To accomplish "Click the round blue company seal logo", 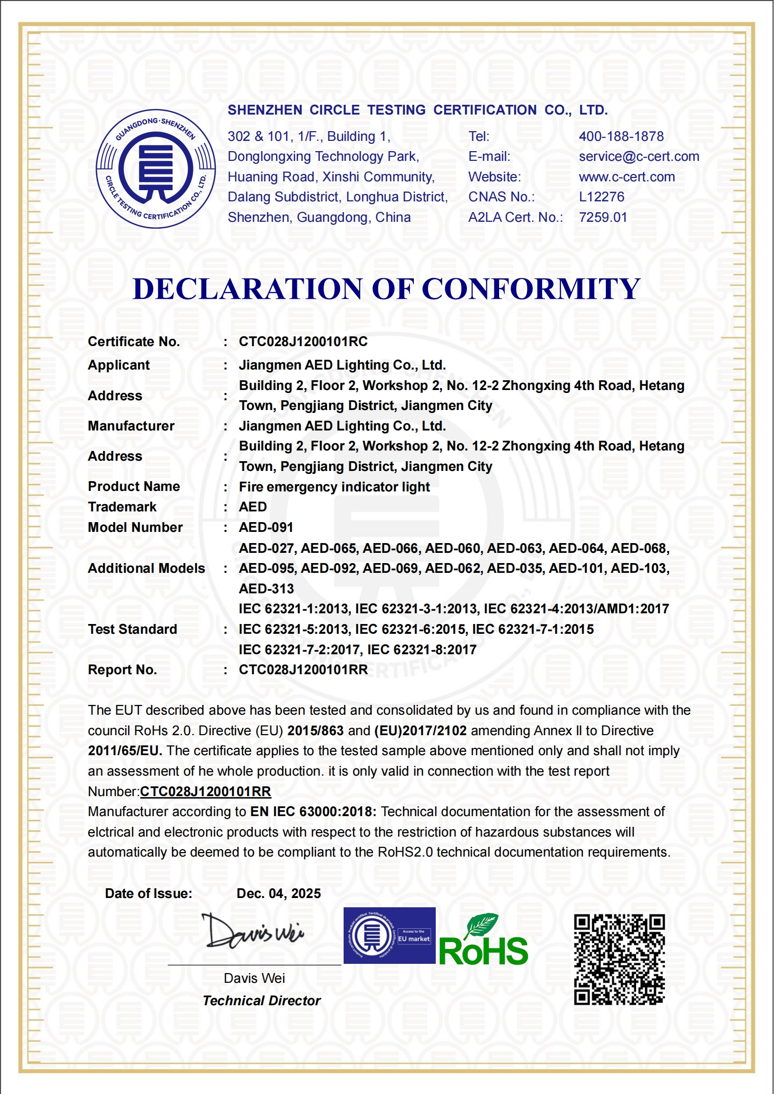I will point(155,169).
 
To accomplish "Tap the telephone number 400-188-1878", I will point(621,137).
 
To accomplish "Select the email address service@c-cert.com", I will point(639,156).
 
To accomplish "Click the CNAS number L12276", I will point(601,197).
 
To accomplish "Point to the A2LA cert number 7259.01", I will point(602,217).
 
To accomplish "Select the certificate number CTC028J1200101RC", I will point(303,342).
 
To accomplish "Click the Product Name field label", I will point(134,487).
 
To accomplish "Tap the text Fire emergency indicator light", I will point(334,487).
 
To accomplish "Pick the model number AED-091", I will point(266,527).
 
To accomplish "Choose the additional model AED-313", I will point(266,589).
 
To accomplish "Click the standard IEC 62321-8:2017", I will point(422,650).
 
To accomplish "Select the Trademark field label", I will point(122,507).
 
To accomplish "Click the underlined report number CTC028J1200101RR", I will point(205,792).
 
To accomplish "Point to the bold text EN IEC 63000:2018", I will point(313,812).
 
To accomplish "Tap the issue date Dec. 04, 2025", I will point(278,894).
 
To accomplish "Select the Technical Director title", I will point(261,1001).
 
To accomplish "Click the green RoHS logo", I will point(483,941).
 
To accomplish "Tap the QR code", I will point(619,959).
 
